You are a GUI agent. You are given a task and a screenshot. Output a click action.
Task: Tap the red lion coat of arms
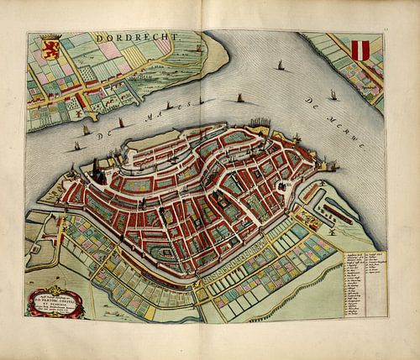(51, 44)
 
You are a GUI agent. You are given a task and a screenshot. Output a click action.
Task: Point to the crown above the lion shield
(51, 34)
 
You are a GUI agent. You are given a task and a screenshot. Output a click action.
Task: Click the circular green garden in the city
(168, 251)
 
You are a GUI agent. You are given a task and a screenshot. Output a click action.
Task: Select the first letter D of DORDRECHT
(98, 39)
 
